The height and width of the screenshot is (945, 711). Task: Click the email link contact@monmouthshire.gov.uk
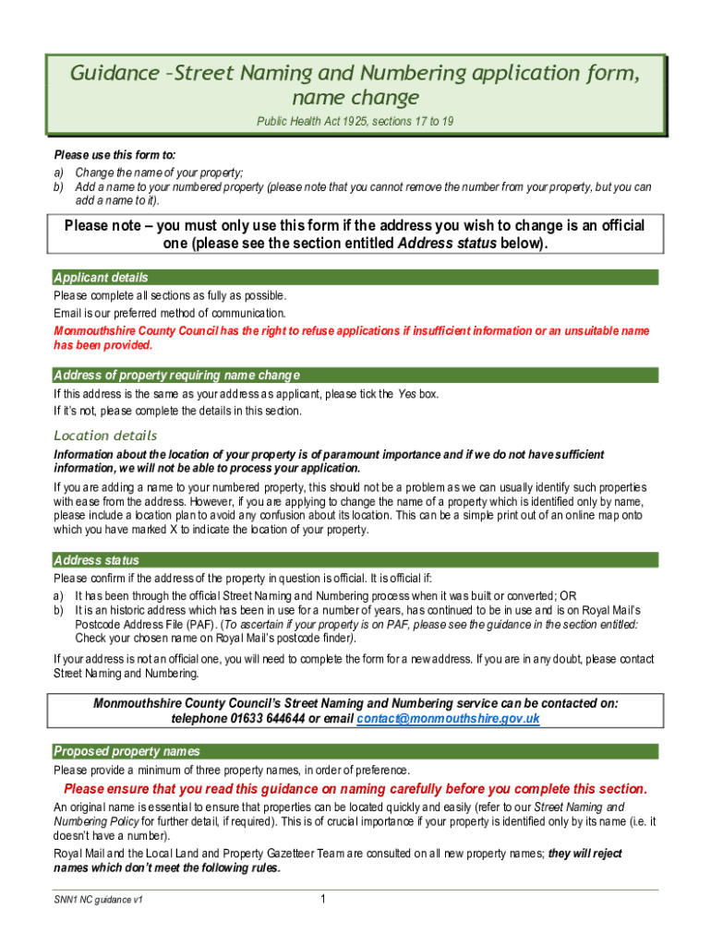click(448, 719)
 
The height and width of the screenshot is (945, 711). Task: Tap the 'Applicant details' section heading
click(101, 278)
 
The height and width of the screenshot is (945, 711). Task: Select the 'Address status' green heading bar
click(97, 560)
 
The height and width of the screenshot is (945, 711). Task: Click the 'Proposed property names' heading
click(127, 751)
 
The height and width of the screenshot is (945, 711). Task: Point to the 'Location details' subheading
click(105, 436)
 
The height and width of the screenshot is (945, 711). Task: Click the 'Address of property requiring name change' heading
click(176, 376)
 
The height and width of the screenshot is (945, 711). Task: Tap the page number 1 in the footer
click(320, 899)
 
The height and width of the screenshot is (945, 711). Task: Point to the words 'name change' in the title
click(355, 98)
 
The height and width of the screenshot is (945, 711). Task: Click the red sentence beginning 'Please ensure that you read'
click(355, 789)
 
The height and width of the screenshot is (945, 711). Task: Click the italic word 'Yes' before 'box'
click(406, 394)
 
